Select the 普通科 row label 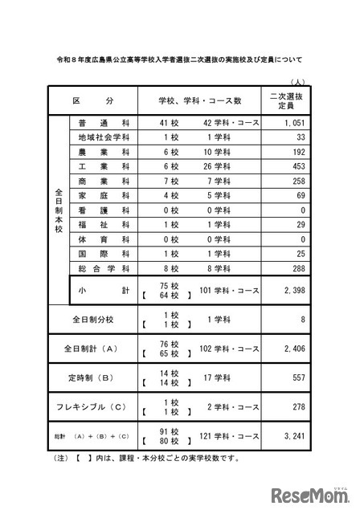pos(95,124)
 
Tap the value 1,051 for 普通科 pos(294,124)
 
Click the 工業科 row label pos(95,166)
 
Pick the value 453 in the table pos(298,166)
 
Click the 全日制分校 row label pos(94,319)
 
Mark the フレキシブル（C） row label pos(94,406)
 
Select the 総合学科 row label pos(95,267)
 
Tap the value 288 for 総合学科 pos(298,267)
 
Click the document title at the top pos(180,59)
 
